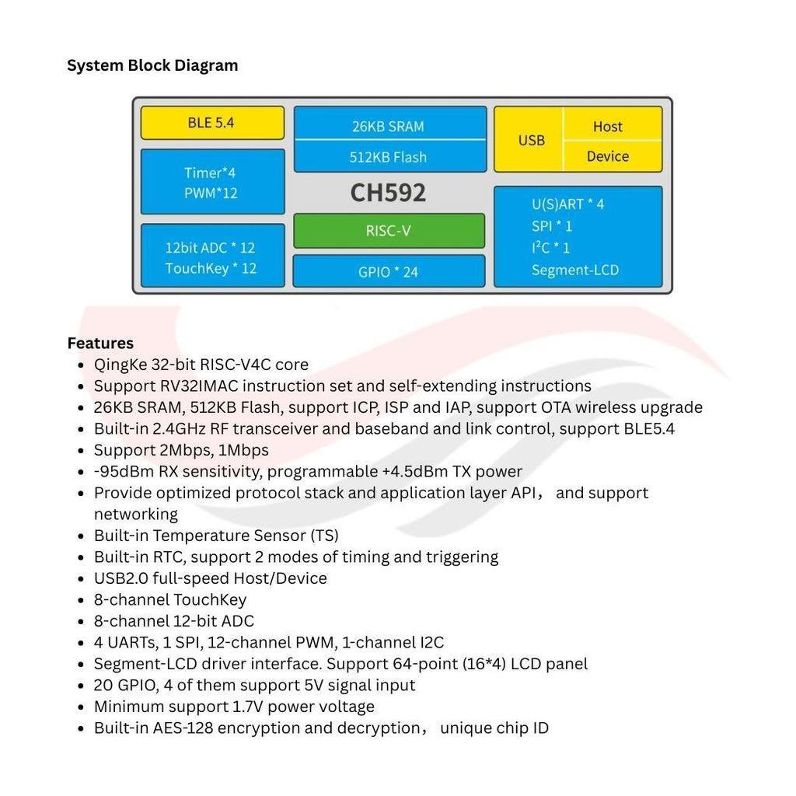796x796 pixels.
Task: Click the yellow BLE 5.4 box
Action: coord(212,123)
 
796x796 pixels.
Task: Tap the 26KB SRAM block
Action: coord(390,123)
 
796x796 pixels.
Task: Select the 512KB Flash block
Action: coord(390,156)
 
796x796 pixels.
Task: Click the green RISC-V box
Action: coord(389,231)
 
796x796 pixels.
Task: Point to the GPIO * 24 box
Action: coord(389,271)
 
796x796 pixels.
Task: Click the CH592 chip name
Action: coord(389,193)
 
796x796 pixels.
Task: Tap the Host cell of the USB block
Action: coord(613,124)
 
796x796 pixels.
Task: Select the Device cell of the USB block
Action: coord(613,156)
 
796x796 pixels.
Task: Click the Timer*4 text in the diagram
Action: coord(210,173)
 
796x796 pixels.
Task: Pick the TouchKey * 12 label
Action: coord(211,268)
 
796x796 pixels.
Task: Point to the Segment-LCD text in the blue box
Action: coord(575,270)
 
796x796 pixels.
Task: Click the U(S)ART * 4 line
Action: coord(567,204)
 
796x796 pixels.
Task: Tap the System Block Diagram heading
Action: coord(152,65)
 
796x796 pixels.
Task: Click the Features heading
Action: coord(100,343)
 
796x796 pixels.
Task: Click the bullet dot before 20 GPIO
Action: coord(81,686)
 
